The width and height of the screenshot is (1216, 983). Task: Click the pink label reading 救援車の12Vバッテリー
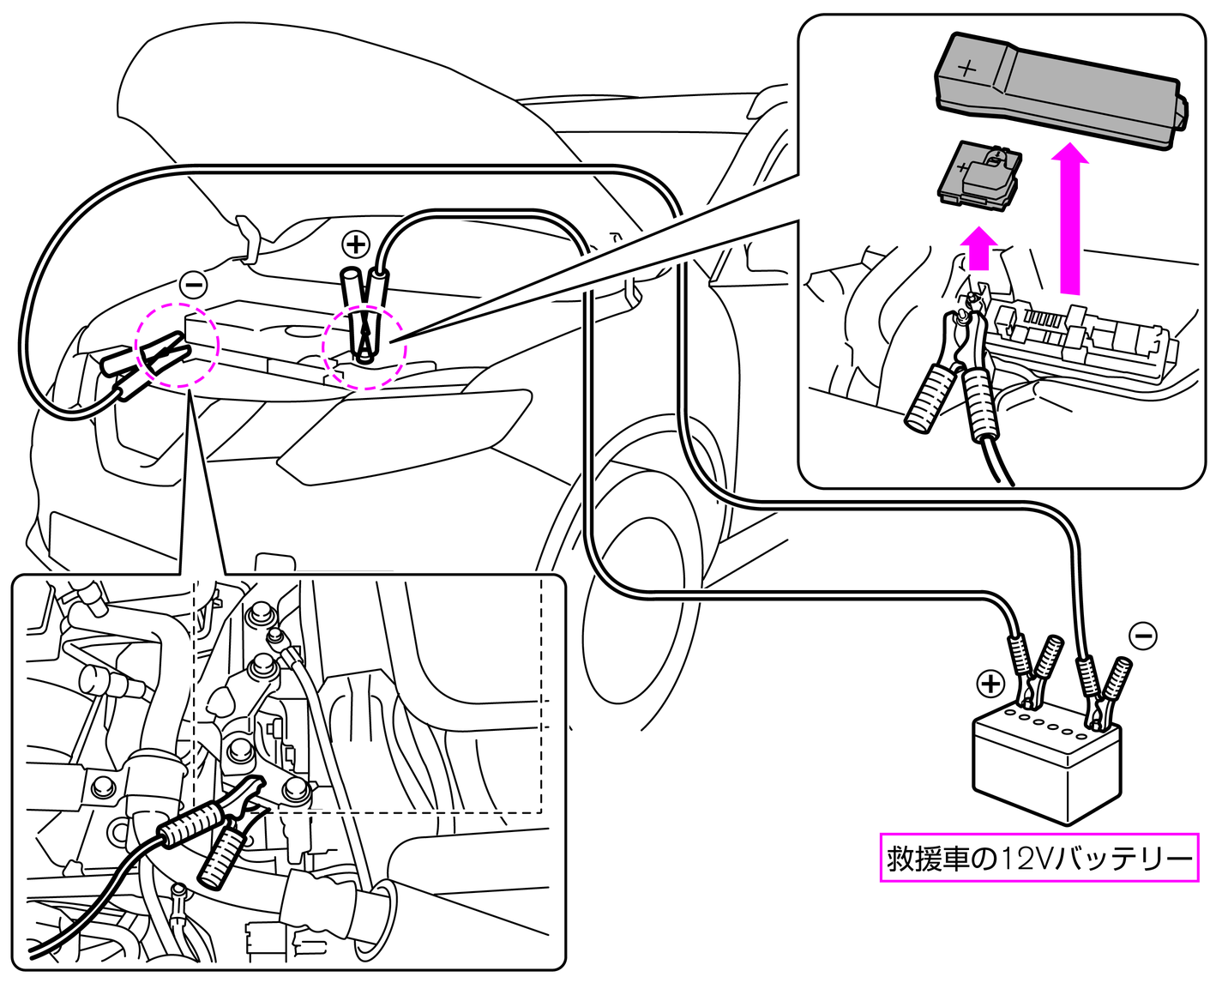[1038, 857]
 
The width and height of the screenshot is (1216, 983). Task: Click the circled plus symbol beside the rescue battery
[990, 684]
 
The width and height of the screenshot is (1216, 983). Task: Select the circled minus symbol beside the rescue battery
[1143, 636]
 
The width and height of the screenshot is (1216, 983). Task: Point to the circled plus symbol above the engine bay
[355, 244]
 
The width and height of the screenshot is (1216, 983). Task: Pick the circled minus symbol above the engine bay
[194, 285]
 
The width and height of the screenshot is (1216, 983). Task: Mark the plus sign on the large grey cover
[967, 67]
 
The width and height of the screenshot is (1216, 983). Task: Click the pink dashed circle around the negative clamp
[178, 345]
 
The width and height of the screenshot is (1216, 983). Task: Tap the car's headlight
[403, 429]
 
